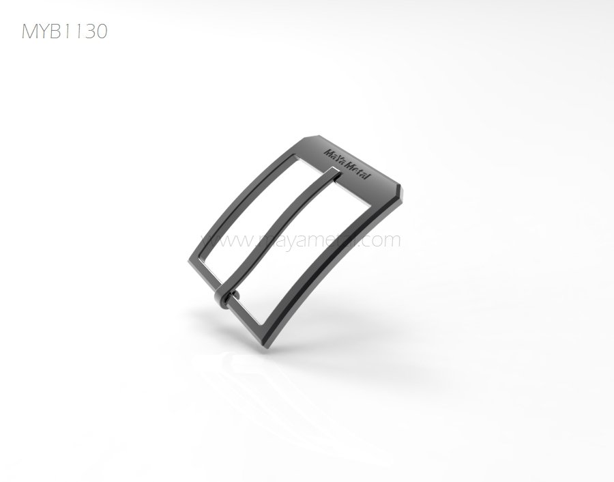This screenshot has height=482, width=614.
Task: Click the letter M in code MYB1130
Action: pos(29,31)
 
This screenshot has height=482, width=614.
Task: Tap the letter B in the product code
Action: pos(57,31)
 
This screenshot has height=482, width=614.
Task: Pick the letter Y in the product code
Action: pos(44,31)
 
